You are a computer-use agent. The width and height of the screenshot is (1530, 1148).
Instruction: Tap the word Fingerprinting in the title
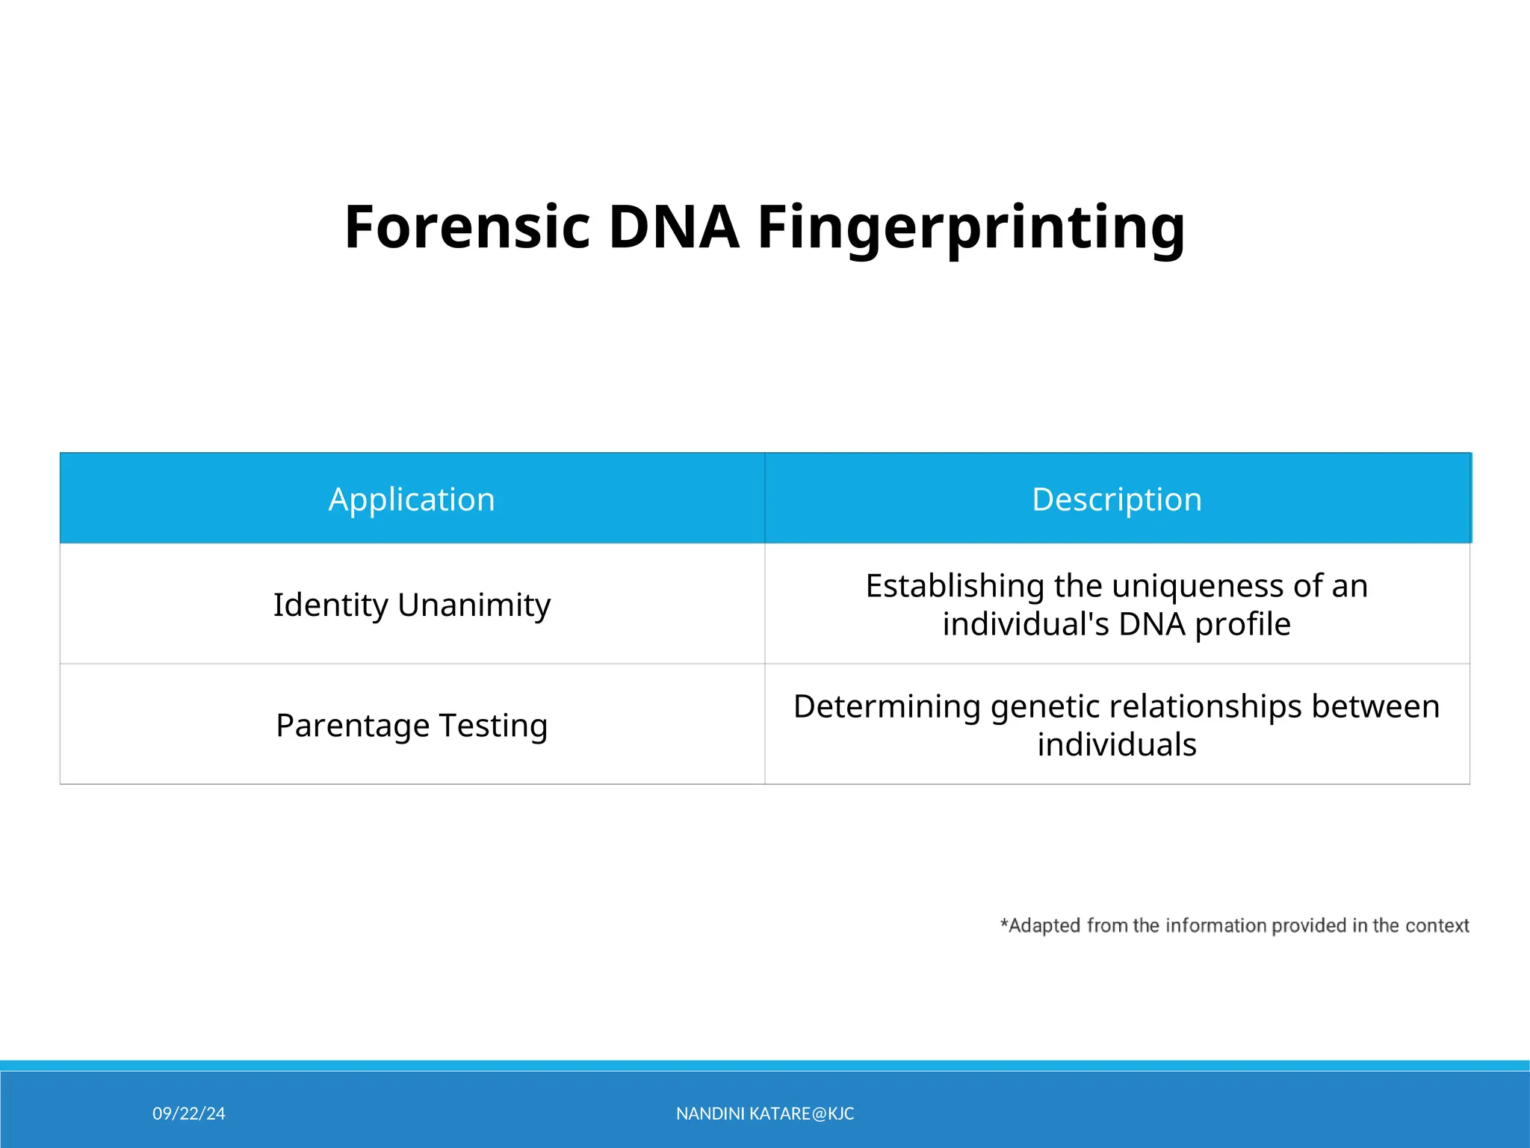tap(971, 228)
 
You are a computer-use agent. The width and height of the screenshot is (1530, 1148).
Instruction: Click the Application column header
tap(412, 499)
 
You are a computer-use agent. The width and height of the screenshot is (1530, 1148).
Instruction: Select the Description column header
tap(1117, 499)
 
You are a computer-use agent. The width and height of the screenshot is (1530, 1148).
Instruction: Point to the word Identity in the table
tap(330, 605)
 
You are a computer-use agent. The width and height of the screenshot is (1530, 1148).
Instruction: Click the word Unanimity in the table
tap(474, 605)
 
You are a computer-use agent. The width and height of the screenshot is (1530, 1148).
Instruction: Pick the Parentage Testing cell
tap(412, 726)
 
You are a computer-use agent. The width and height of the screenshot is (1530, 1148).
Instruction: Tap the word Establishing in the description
tap(955, 587)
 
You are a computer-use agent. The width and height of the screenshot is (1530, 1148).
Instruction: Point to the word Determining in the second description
tap(887, 707)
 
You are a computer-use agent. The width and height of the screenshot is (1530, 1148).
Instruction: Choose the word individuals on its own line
tap(1117, 745)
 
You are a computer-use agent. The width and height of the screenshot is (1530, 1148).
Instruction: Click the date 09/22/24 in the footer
tap(188, 1114)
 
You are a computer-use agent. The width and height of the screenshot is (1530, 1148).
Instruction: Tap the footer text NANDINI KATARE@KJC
tap(765, 1114)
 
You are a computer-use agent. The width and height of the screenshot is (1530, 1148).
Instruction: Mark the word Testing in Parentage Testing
tap(493, 726)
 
